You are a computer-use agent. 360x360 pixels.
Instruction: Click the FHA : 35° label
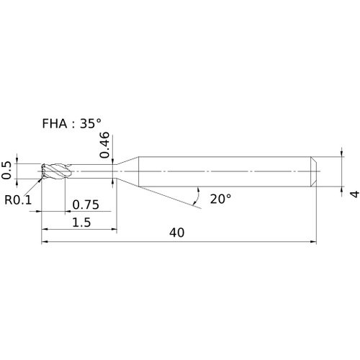pos(71,124)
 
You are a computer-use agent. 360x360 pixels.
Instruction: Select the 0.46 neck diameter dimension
pos(104,145)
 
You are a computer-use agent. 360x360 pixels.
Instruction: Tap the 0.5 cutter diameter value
pos(6,171)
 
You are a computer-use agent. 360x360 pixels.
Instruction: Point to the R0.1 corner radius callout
pos(18,199)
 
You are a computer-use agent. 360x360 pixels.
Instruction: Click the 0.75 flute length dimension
pos(86,204)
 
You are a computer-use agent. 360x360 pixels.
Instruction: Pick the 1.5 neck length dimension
pos(81,222)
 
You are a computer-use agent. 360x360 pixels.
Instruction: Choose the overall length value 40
pos(177,233)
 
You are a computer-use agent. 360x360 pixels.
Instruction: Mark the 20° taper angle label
pos(220,199)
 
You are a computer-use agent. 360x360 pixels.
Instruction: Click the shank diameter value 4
pos(354,194)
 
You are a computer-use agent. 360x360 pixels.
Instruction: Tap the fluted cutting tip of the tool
pos(55,171)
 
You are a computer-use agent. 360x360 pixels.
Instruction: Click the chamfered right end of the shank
pos(313,171)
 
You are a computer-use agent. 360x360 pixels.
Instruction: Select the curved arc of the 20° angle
pos(198,196)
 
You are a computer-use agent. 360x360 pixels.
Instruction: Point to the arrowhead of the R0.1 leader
pos(40,181)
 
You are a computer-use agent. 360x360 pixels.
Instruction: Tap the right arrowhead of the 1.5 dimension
pos(114,230)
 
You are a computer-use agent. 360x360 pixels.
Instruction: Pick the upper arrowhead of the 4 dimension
pos(342,153)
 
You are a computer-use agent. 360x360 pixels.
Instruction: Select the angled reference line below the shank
pos(170,197)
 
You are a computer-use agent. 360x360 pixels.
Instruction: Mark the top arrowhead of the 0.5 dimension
pos(17,161)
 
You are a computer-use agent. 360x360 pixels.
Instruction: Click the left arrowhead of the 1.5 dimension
pos(45,230)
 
